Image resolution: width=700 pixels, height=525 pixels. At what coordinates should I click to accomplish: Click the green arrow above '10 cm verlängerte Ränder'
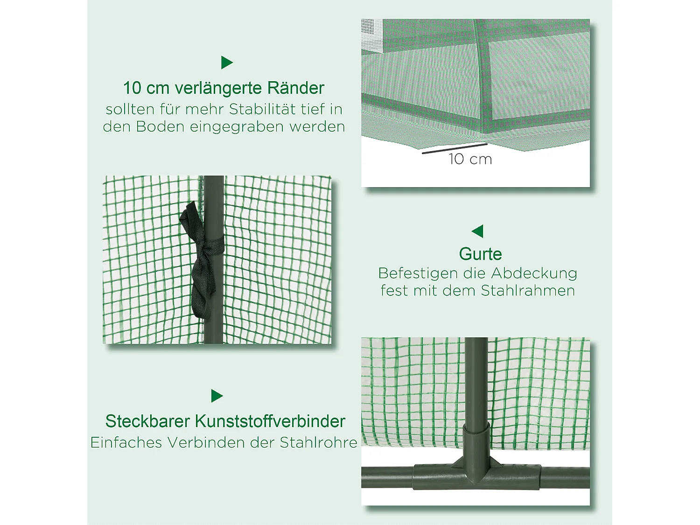(226, 63)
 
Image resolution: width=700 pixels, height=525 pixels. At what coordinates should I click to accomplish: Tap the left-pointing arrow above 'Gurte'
(478, 231)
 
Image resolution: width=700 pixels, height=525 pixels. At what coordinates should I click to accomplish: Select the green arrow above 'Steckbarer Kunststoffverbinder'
(217, 396)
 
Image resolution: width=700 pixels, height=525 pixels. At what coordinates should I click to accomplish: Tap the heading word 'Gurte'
(480, 254)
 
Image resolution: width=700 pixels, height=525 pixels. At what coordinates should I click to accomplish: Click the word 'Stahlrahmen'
(527, 291)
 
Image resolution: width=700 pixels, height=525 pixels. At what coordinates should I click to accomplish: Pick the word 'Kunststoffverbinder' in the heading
(270, 421)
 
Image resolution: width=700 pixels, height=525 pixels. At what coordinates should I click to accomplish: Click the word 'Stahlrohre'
(318, 442)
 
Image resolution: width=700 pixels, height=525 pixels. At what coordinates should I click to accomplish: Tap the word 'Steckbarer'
(148, 421)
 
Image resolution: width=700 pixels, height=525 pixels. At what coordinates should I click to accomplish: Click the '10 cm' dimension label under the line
(470, 160)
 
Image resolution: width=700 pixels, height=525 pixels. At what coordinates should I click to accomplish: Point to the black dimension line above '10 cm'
(454, 148)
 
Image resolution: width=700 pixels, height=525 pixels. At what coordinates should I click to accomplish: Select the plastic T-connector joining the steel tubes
(476, 462)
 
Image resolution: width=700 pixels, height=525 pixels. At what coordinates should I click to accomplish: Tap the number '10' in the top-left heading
(132, 88)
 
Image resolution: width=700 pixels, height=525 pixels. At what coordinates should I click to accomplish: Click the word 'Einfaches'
(126, 442)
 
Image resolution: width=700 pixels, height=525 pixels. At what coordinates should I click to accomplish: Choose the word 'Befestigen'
(418, 273)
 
